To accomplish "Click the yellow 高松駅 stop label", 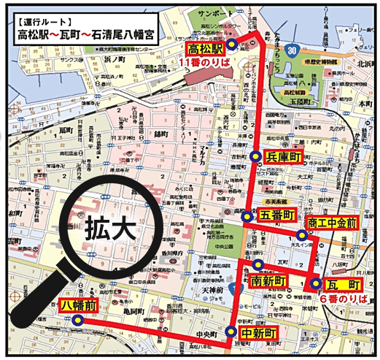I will click(205, 50).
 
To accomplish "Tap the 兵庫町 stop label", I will click(284, 157).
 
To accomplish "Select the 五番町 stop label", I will click(278, 215).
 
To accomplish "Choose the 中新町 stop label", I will click(261, 333).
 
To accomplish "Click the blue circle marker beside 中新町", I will click(231, 332).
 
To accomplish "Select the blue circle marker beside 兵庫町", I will click(255, 157).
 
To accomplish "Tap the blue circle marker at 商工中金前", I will click(301, 235).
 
